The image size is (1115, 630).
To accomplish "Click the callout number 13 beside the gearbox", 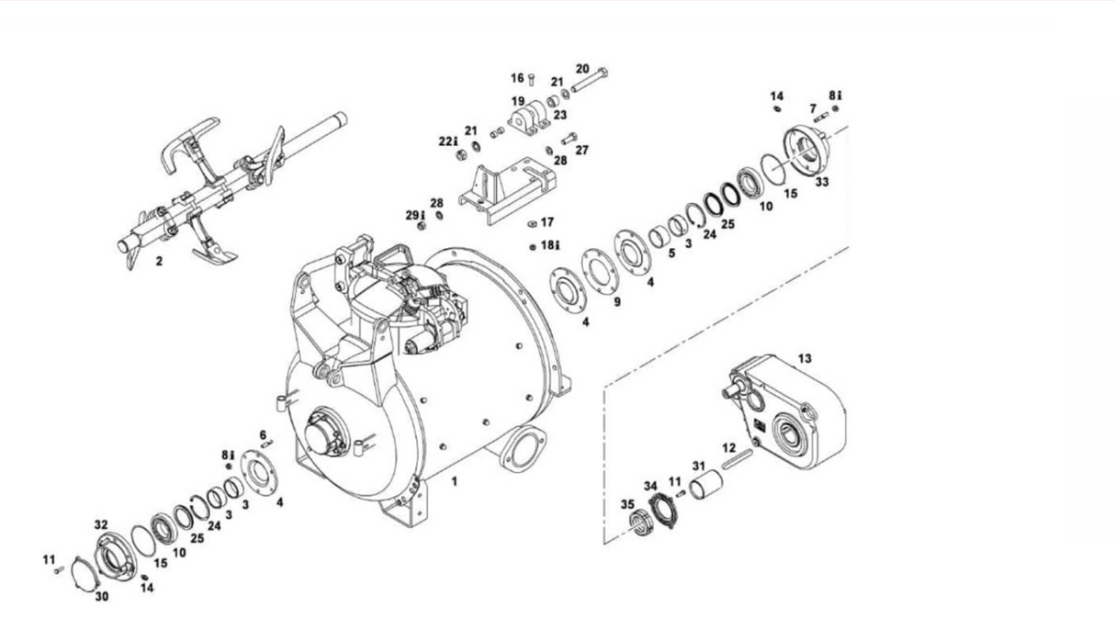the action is point(805,358).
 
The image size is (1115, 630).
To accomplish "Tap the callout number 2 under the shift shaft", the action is point(159,261).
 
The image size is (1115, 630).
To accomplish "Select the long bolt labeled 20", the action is point(590,80).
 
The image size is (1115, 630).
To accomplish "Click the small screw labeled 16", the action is point(531,79).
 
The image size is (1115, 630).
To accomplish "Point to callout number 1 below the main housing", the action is point(454,481).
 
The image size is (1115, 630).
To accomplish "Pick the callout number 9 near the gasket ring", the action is point(617,301).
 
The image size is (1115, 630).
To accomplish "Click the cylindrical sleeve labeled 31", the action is point(706,484).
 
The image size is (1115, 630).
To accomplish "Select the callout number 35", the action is point(627,504).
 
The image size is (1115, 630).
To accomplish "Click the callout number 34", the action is point(650,486).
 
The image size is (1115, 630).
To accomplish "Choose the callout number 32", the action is point(101,524).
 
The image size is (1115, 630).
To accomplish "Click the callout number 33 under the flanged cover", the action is point(822,182).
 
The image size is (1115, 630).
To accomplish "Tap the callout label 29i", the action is point(416,216).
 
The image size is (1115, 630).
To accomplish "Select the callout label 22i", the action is point(448,141).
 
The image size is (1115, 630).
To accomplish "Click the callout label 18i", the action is point(550,245).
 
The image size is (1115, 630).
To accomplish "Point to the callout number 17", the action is point(547,222).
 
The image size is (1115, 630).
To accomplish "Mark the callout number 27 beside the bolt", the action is point(582,150).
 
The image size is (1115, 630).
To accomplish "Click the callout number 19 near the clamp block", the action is point(518,102).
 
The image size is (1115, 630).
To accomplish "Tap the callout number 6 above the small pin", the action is point(263,435).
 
